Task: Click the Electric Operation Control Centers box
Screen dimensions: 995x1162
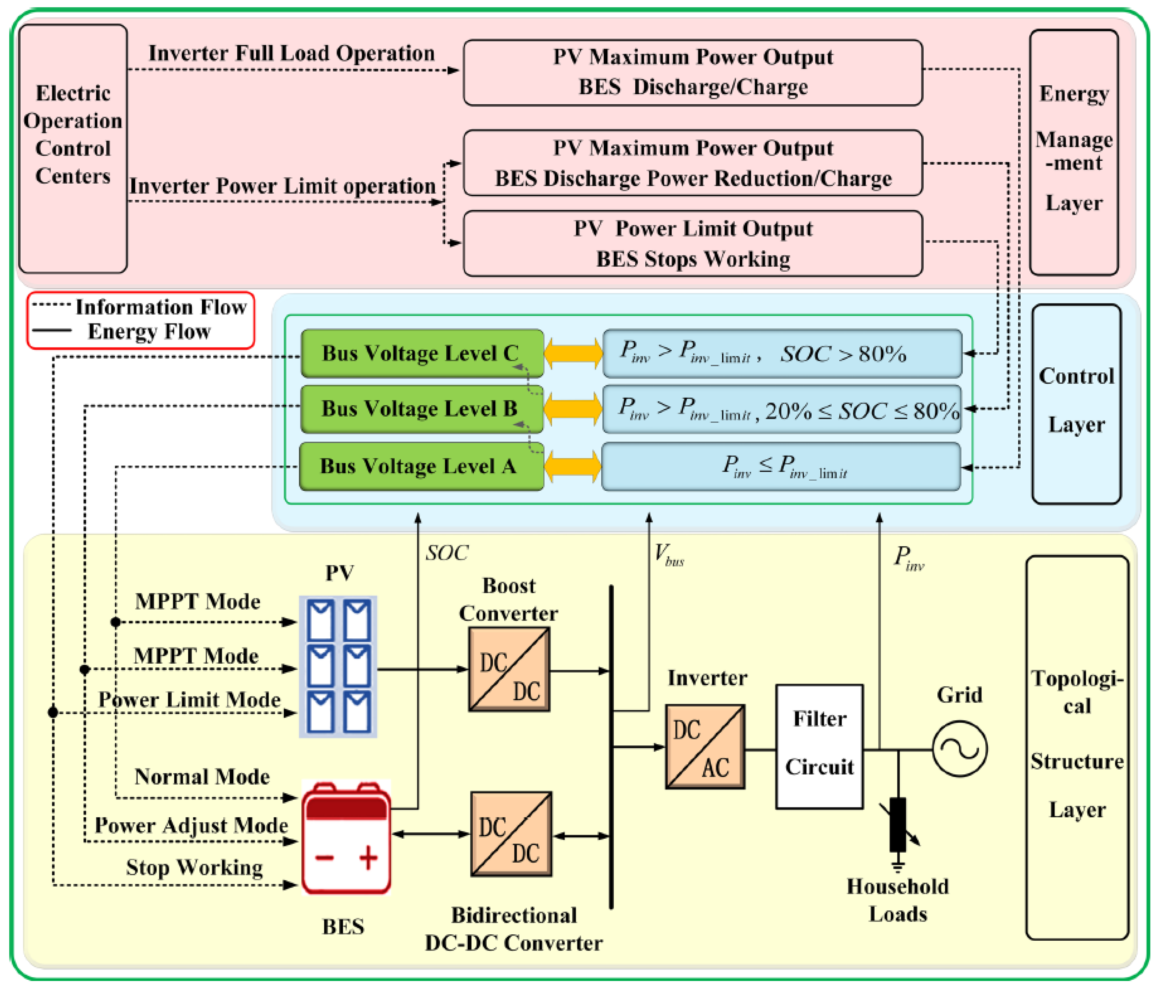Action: click(x=73, y=149)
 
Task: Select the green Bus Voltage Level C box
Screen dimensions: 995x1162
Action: click(x=422, y=353)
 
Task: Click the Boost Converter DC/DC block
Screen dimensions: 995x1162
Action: click(x=509, y=669)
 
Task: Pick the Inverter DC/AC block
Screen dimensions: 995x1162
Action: click(x=705, y=747)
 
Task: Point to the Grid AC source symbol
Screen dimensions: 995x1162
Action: click(x=959, y=749)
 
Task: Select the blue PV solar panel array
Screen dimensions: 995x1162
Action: click(x=338, y=666)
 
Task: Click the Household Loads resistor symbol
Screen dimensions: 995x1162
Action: click(x=898, y=824)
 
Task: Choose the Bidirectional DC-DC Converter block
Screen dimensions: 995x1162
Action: click(x=511, y=834)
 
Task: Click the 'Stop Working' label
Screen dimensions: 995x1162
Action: click(x=194, y=867)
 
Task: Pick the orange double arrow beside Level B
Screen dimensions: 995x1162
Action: click(x=573, y=409)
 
